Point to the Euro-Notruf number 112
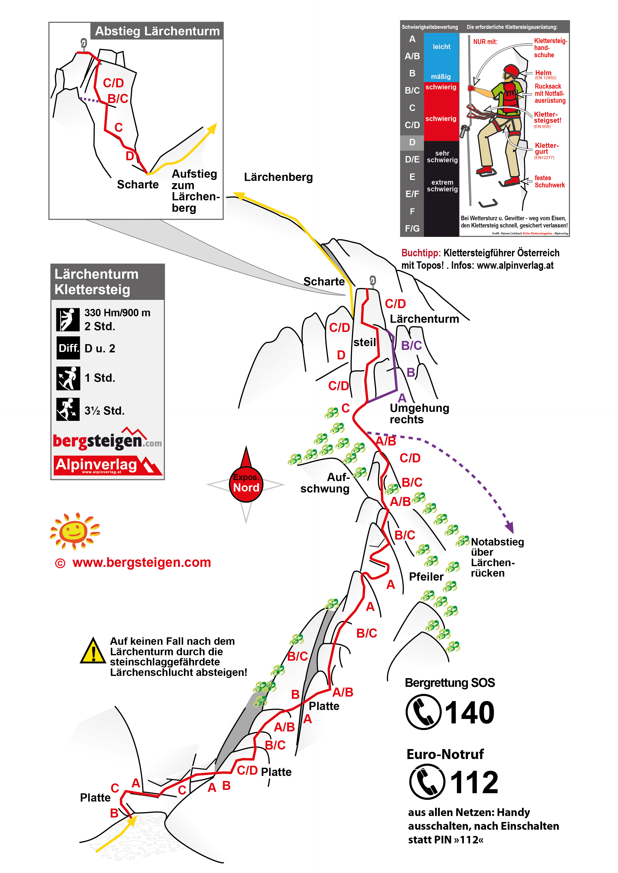pos(474,782)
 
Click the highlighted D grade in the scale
pos(412,142)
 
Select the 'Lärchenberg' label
pos(278,177)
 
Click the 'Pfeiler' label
pos(426,577)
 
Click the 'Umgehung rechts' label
pos(419,414)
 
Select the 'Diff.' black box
pos(68,348)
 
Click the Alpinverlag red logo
pos(108,465)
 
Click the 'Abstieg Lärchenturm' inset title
pos(157,31)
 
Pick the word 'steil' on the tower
pos(364,342)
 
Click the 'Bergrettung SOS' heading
pos(449,683)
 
